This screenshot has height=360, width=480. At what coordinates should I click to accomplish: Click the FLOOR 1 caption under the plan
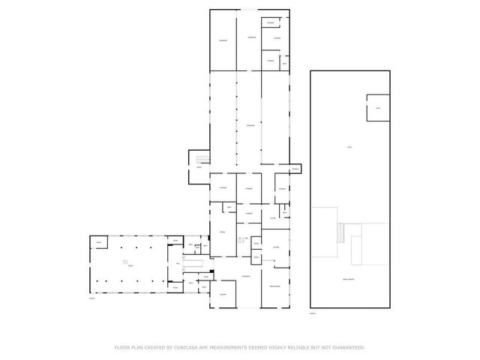click(92, 298)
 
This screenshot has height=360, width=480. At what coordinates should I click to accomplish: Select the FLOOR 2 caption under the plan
click(313, 313)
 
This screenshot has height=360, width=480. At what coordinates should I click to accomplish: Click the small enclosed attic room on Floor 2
click(377, 108)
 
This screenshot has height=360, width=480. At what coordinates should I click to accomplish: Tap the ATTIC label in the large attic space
click(349, 147)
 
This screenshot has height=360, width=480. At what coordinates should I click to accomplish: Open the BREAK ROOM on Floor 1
click(274, 288)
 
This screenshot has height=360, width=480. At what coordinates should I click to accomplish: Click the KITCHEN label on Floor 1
click(276, 247)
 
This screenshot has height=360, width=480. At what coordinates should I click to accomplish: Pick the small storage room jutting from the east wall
click(295, 169)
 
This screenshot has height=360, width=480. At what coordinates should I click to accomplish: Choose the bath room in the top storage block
click(284, 64)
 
